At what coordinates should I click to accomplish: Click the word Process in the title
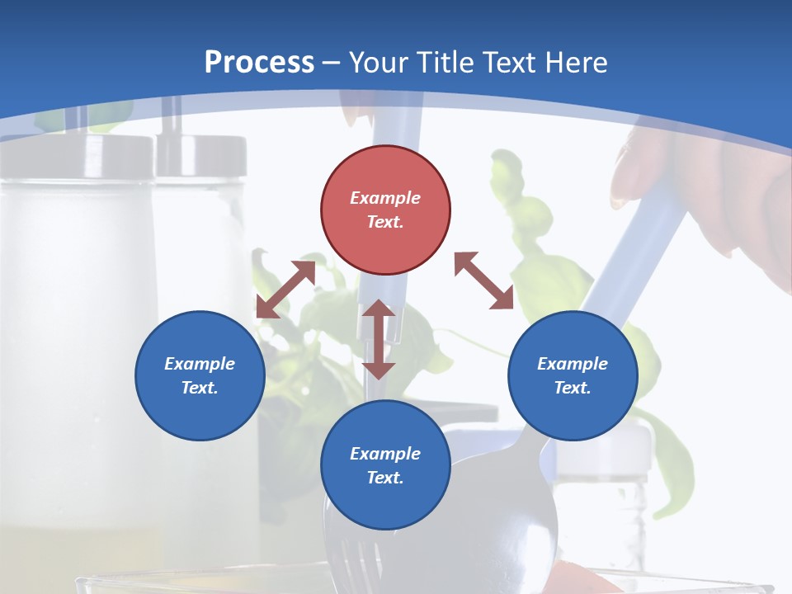[259, 63]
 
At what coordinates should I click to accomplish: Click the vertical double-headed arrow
[379, 340]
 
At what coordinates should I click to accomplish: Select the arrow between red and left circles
[285, 290]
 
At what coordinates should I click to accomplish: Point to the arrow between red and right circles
[483, 281]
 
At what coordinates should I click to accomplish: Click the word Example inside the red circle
[385, 198]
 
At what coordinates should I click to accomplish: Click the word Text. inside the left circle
[200, 388]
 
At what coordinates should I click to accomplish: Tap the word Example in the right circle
[573, 364]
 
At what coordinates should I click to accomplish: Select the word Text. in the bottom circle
[385, 478]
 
